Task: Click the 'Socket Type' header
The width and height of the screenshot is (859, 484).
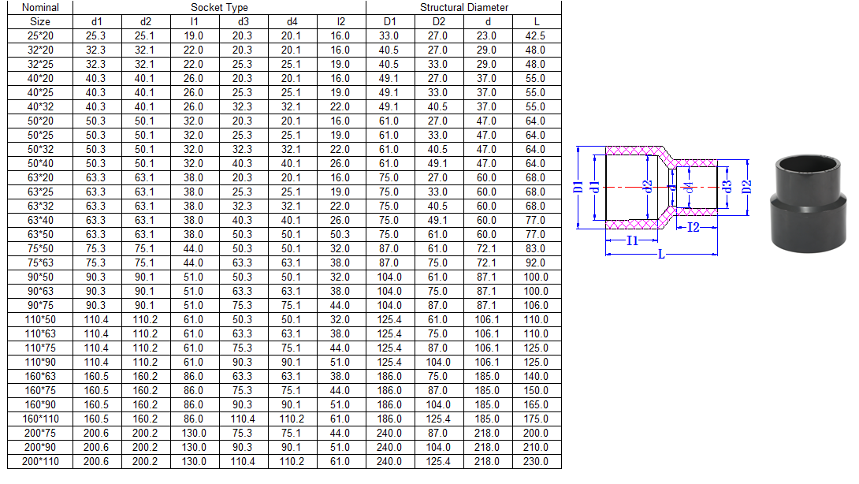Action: tap(219, 8)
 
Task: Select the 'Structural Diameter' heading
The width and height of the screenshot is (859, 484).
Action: tap(464, 8)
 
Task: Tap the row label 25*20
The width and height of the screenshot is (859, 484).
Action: tap(40, 35)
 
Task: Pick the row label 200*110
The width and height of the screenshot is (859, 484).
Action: tap(40, 461)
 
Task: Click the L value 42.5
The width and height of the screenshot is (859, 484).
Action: tap(535, 35)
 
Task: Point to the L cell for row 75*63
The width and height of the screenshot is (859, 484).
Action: tap(535, 262)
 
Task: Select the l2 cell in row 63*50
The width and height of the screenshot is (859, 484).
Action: tap(340, 234)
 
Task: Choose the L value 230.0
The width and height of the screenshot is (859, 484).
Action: tap(535, 461)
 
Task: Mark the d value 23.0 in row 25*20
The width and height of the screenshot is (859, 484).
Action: tap(486, 35)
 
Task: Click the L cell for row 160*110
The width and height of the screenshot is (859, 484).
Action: tap(535, 419)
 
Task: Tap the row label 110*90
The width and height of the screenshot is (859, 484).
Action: tap(40, 363)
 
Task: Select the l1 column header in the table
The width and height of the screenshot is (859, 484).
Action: tap(194, 22)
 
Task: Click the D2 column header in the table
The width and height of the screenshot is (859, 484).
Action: tap(438, 22)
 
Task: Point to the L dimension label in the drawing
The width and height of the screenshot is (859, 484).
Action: tap(661, 255)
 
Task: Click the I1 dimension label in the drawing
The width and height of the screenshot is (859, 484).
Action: tap(632, 240)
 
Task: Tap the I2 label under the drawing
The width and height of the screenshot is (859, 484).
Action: tap(694, 227)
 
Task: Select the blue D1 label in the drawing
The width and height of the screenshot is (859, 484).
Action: tap(578, 187)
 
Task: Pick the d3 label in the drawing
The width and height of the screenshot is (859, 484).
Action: tap(727, 187)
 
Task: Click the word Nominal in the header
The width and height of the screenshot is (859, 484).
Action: tap(40, 8)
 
